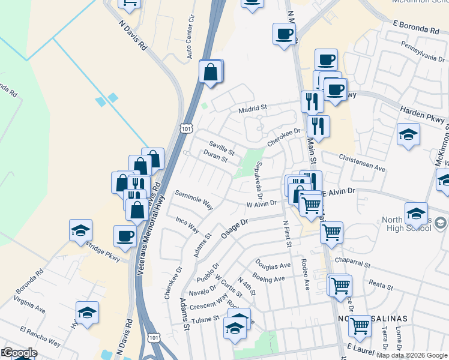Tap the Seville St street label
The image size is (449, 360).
221,146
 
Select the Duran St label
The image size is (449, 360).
215,157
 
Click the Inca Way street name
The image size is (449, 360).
187,224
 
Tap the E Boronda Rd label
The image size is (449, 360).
417,26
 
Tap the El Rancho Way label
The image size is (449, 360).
40,335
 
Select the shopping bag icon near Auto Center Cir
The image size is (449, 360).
211,71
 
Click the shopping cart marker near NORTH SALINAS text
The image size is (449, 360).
360,326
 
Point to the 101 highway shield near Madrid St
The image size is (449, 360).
186,128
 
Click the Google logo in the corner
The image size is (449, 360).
19,353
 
